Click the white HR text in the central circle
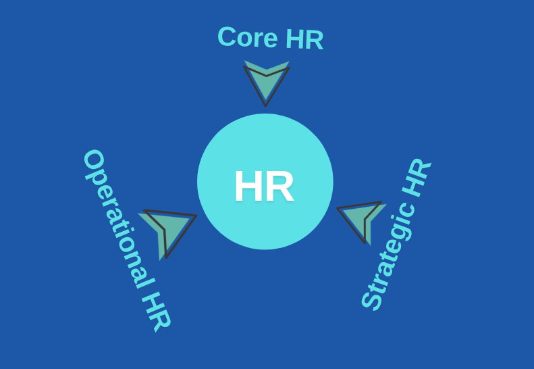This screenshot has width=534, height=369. [x=264, y=187]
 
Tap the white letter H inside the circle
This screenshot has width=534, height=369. [x=248, y=187]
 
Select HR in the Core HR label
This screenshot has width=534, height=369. [x=304, y=40]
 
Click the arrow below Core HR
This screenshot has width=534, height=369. [x=266, y=81]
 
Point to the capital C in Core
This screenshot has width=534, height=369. [x=228, y=36]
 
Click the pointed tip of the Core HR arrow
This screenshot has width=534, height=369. [x=265, y=105]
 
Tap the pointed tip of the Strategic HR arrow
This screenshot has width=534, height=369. [x=338, y=210]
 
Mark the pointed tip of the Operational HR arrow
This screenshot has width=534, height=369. [x=196, y=216]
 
